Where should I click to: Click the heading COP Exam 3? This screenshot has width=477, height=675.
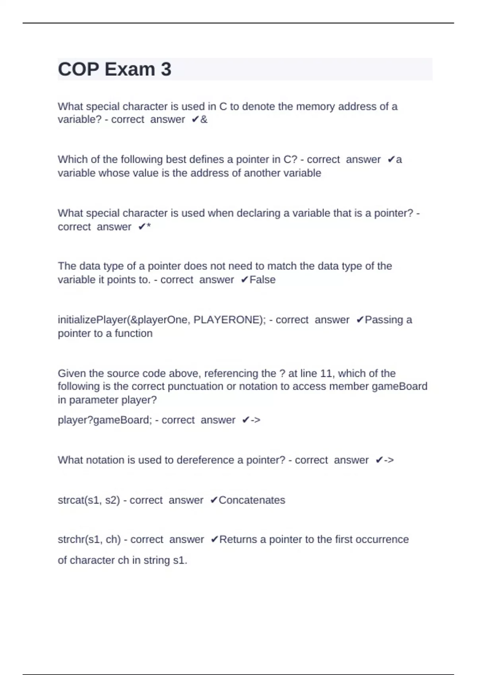(x=114, y=69)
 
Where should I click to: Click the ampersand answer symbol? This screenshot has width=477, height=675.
(x=204, y=120)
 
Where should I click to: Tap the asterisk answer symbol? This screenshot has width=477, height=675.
(x=149, y=227)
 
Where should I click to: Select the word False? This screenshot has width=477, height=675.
(x=262, y=280)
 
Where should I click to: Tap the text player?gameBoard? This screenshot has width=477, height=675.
(x=105, y=420)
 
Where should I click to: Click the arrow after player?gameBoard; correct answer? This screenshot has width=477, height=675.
(x=256, y=420)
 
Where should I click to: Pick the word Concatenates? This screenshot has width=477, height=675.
(x=252, y=500)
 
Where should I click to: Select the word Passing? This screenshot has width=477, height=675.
(x=383, y=320)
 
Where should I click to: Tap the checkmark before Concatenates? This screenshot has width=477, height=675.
(x=214, y=500)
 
